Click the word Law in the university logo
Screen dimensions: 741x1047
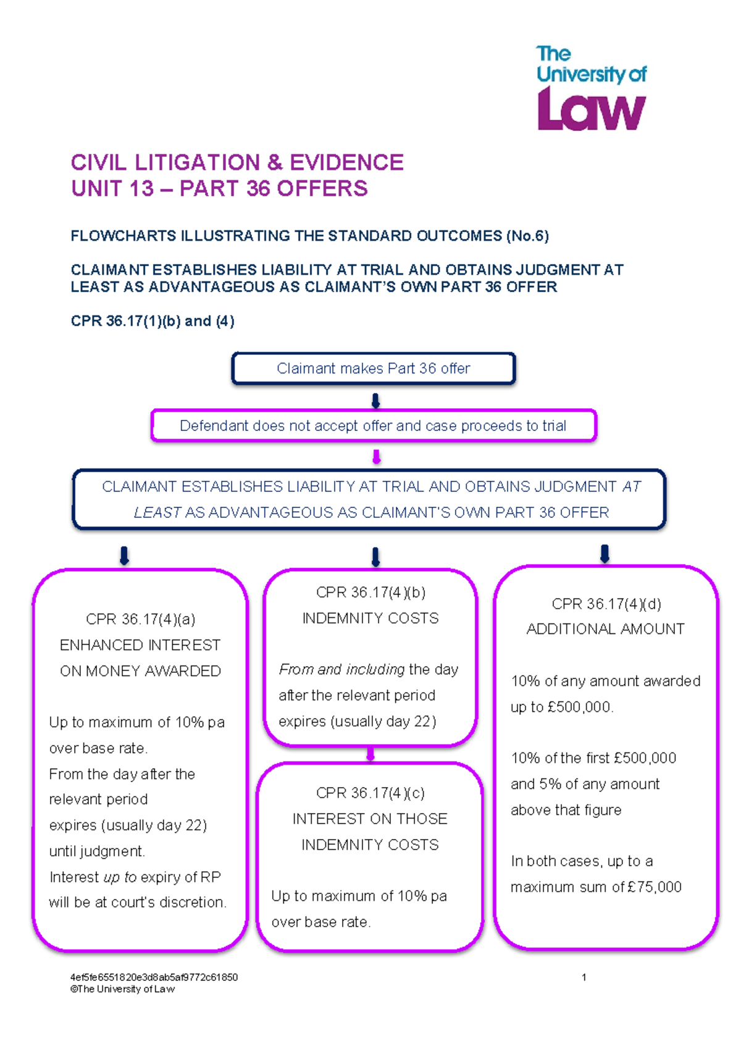click(592, 109)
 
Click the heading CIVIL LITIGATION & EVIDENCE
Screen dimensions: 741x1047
click(237, 162)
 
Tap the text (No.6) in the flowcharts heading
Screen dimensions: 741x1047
click(527, 236)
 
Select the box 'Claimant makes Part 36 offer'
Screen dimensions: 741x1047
click(374, 369)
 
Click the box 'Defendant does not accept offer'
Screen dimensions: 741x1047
click(374, 425)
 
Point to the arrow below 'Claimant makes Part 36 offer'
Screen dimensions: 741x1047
click(375, 401)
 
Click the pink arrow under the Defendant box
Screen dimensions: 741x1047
click(376, 457)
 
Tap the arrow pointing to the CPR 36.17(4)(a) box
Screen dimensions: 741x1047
click(124, 556)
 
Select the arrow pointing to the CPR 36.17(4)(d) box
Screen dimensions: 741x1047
click(605, 554)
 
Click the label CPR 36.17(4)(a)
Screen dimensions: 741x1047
click(140, 619)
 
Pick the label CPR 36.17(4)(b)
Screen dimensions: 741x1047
click(371, 592)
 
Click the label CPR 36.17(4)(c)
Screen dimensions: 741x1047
click(371, 793)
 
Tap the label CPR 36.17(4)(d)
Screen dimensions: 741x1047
click(606, 604)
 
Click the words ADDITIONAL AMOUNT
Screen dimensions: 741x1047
click(605, 629)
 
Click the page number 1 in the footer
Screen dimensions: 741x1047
click(584, 977)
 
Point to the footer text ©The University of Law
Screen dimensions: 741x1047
click(122, 989)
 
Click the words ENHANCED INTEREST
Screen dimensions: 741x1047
click(140, 645)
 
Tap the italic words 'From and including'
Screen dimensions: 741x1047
click(341, 670)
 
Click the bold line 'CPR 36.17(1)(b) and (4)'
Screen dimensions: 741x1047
click(153, 321)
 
